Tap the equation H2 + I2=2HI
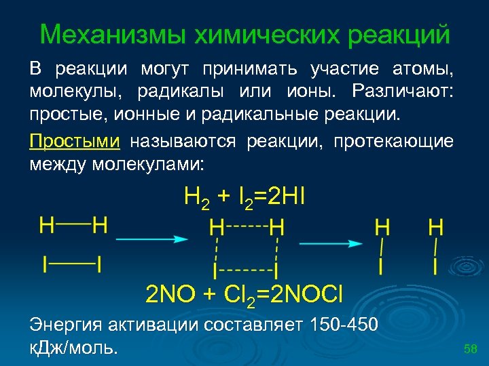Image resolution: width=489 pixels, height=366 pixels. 245,198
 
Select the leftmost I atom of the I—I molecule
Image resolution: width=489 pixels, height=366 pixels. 46,264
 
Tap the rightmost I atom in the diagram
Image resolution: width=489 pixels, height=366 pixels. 435,265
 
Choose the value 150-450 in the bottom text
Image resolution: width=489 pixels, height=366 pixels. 344,325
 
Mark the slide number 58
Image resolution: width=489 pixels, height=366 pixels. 471,349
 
